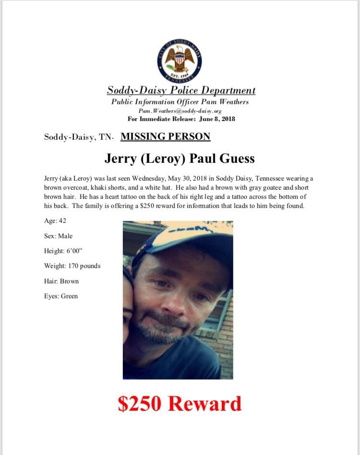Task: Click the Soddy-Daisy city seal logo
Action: [180, 61]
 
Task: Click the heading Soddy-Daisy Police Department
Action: [181, 90]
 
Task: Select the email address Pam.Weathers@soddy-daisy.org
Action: [180, 111]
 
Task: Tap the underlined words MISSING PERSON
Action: [165, 136]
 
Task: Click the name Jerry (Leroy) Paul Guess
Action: [180, 159]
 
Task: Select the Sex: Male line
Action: [58, 236]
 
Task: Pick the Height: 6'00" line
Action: [61, 251]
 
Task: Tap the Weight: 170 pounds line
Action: [72, 266]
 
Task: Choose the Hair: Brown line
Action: [61, 281]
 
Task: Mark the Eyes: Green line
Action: [60, 296]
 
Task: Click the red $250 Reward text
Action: [180, 404]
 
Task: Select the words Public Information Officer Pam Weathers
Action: [180, 102]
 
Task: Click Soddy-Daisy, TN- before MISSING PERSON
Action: [79, 137]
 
